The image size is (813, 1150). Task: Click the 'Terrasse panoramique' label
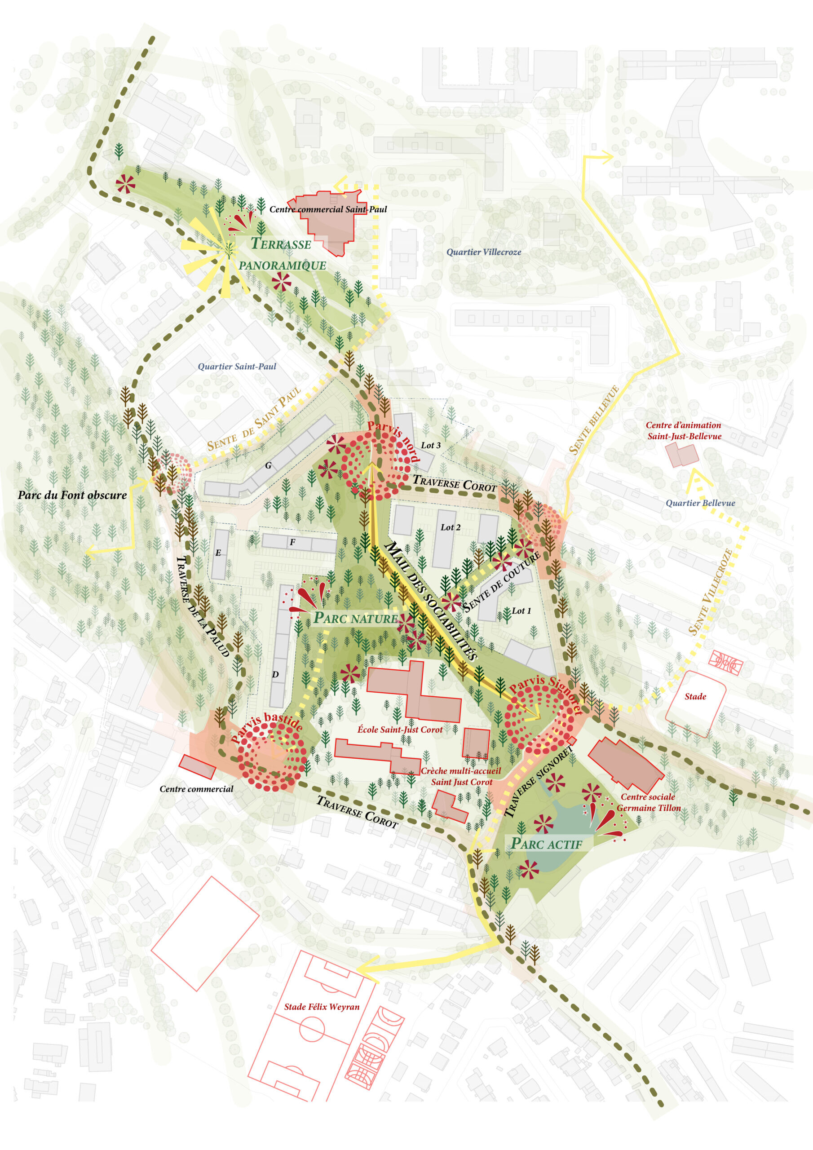282,254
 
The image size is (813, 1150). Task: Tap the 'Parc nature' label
355,619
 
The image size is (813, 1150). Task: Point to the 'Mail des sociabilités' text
430,601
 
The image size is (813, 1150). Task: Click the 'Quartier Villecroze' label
483,252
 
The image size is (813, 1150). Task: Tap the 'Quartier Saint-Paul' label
237,366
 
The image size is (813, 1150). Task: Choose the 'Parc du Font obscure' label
72,495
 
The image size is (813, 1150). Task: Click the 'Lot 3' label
430,445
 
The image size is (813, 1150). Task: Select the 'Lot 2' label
451,527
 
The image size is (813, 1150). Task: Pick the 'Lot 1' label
521,610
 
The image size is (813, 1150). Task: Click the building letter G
269,465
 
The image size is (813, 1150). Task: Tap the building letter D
275,674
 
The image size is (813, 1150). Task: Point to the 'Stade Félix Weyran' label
322,1006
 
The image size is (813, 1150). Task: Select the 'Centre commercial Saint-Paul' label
328,209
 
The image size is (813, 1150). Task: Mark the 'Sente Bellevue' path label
594,420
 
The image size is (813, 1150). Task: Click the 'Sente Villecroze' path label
711,592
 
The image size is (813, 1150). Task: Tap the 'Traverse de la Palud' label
203,606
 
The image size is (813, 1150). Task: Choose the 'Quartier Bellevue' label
700,503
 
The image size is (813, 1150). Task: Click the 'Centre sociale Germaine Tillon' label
648,802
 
